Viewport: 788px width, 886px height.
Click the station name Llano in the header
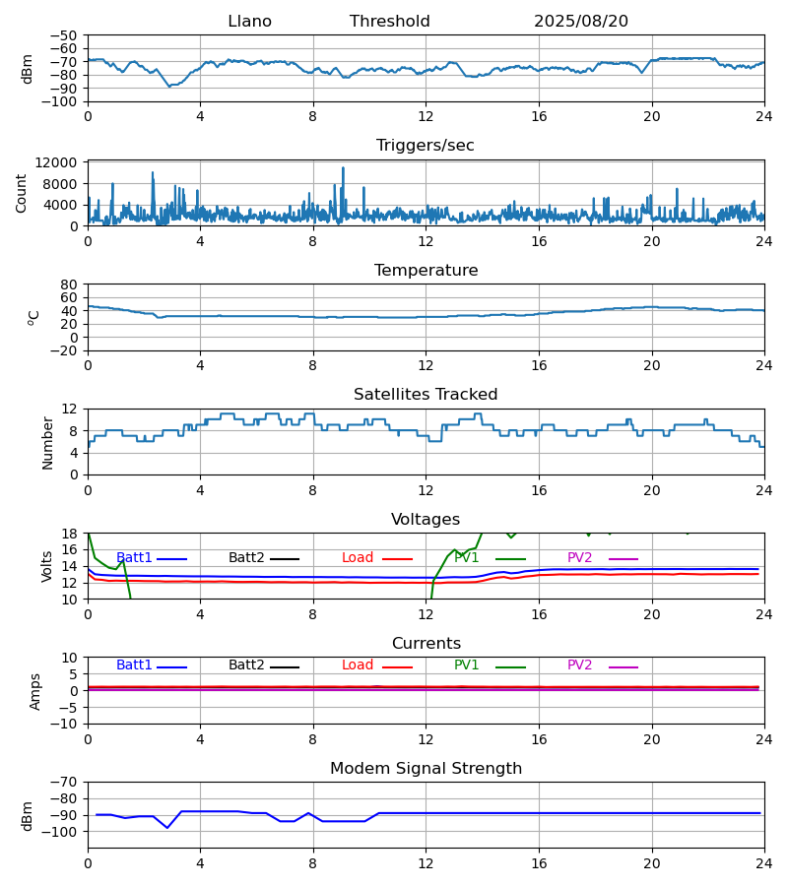(249, 22)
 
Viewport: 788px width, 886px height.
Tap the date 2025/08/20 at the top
(580, 22)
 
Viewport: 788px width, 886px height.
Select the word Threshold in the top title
(389, 22)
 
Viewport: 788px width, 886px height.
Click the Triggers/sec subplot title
(426, 146)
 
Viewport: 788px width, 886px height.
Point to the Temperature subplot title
(426, 271)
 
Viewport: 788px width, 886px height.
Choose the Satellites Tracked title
(426, 395)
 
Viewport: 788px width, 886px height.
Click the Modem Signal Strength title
(426, 769)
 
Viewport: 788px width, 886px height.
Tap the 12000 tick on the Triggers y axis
(61, 162)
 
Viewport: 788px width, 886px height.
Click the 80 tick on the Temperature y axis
(69, 285)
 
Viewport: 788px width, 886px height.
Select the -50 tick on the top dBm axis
(64, 35)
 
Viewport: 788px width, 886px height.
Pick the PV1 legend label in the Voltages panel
(467, 558)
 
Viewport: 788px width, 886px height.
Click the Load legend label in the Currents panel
(358, 665)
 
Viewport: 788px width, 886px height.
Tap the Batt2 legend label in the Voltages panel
(246, 558)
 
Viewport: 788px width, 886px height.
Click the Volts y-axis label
(47, 566)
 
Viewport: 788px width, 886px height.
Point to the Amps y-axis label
(36, 691)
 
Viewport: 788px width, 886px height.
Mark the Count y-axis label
(22, 193)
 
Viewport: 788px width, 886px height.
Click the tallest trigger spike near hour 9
(343, 168)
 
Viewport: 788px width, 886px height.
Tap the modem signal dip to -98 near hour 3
(167, 828)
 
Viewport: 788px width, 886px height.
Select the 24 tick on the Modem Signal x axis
(763, 863)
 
